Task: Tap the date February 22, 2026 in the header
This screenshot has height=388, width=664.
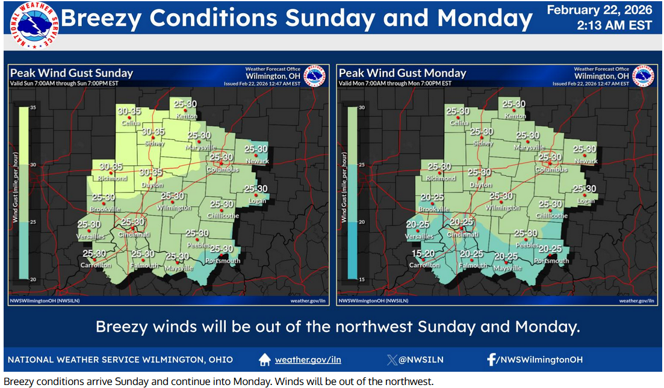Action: coord(600,10)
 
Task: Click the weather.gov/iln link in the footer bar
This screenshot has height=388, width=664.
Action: coord(308,360)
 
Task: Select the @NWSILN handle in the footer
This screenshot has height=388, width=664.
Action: coord(421,360)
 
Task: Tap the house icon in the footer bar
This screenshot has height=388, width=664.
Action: coord(264,360)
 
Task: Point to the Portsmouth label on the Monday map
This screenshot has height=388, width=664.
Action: coord(551,260)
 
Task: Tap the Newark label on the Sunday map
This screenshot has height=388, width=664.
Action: coord(256,161)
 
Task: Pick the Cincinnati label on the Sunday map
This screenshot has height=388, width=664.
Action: coord(135,233)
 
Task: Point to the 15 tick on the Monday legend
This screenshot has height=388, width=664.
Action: coord(362,279)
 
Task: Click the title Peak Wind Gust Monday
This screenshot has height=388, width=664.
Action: coord(403,73)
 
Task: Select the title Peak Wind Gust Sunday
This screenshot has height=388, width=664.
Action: coord(71,73)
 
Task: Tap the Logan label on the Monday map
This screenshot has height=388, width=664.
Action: coord(585,200)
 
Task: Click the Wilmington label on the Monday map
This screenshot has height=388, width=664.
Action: coord(502,208)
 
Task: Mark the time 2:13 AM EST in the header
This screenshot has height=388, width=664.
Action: coord(614,25)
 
